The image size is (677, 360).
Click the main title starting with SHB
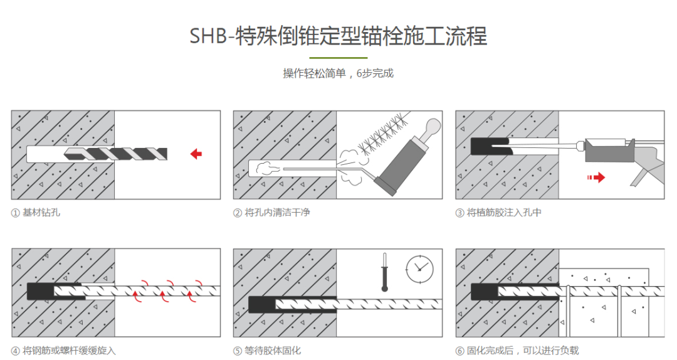pyautogui.click(x=338, y=36)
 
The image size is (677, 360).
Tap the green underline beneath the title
pyautogui.click(x=338, y=58)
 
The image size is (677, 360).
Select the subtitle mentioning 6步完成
pyautogui.click(x=338, y=73)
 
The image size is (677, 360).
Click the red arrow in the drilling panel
pyautogui.click(x=196, y=154)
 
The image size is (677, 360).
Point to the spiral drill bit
pyautogui.click(x=115, y=154)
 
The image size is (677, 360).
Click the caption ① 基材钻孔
pyautogui.click(x=35, y=213)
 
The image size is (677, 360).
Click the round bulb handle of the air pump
pyautogui.click(x=432, y=127)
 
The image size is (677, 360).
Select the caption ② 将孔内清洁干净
pyautogui.click(x=271, y=213)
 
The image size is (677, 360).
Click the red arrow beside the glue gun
pyautogui.click(x=596, y=177)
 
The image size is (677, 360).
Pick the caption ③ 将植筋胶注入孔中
pyautogui.click(x=498, y=213)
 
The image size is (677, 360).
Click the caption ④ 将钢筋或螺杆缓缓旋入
pyautogui.click(x=63, y=351)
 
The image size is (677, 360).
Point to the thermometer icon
pyautogui.click(x=384, y=272)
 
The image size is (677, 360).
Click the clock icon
pyautogui.click(x=419, y=269)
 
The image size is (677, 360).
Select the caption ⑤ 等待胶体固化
pyautogui.click(x=267, y=351)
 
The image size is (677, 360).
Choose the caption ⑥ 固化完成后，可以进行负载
pyautogui.click(x=517, y=351)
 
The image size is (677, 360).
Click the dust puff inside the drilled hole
pyautogui.click(x=266, y=167)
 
